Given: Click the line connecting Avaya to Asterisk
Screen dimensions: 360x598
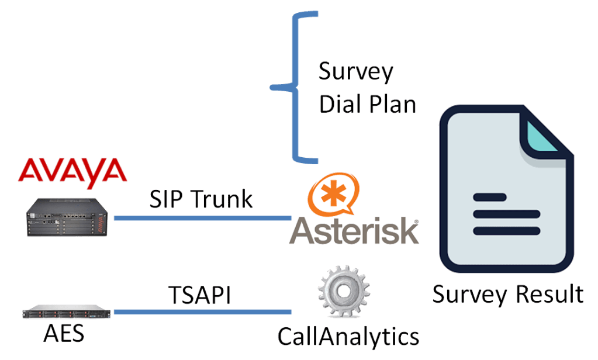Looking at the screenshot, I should [x=202, y=218].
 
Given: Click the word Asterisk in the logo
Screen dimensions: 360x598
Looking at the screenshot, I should [x=354, y=231].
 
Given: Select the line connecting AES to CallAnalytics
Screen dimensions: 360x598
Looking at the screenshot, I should [x=202, y=311].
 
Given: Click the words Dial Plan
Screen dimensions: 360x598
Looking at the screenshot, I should [x=367, y=104].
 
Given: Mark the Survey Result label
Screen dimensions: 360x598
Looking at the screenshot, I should [x=507, y=294].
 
